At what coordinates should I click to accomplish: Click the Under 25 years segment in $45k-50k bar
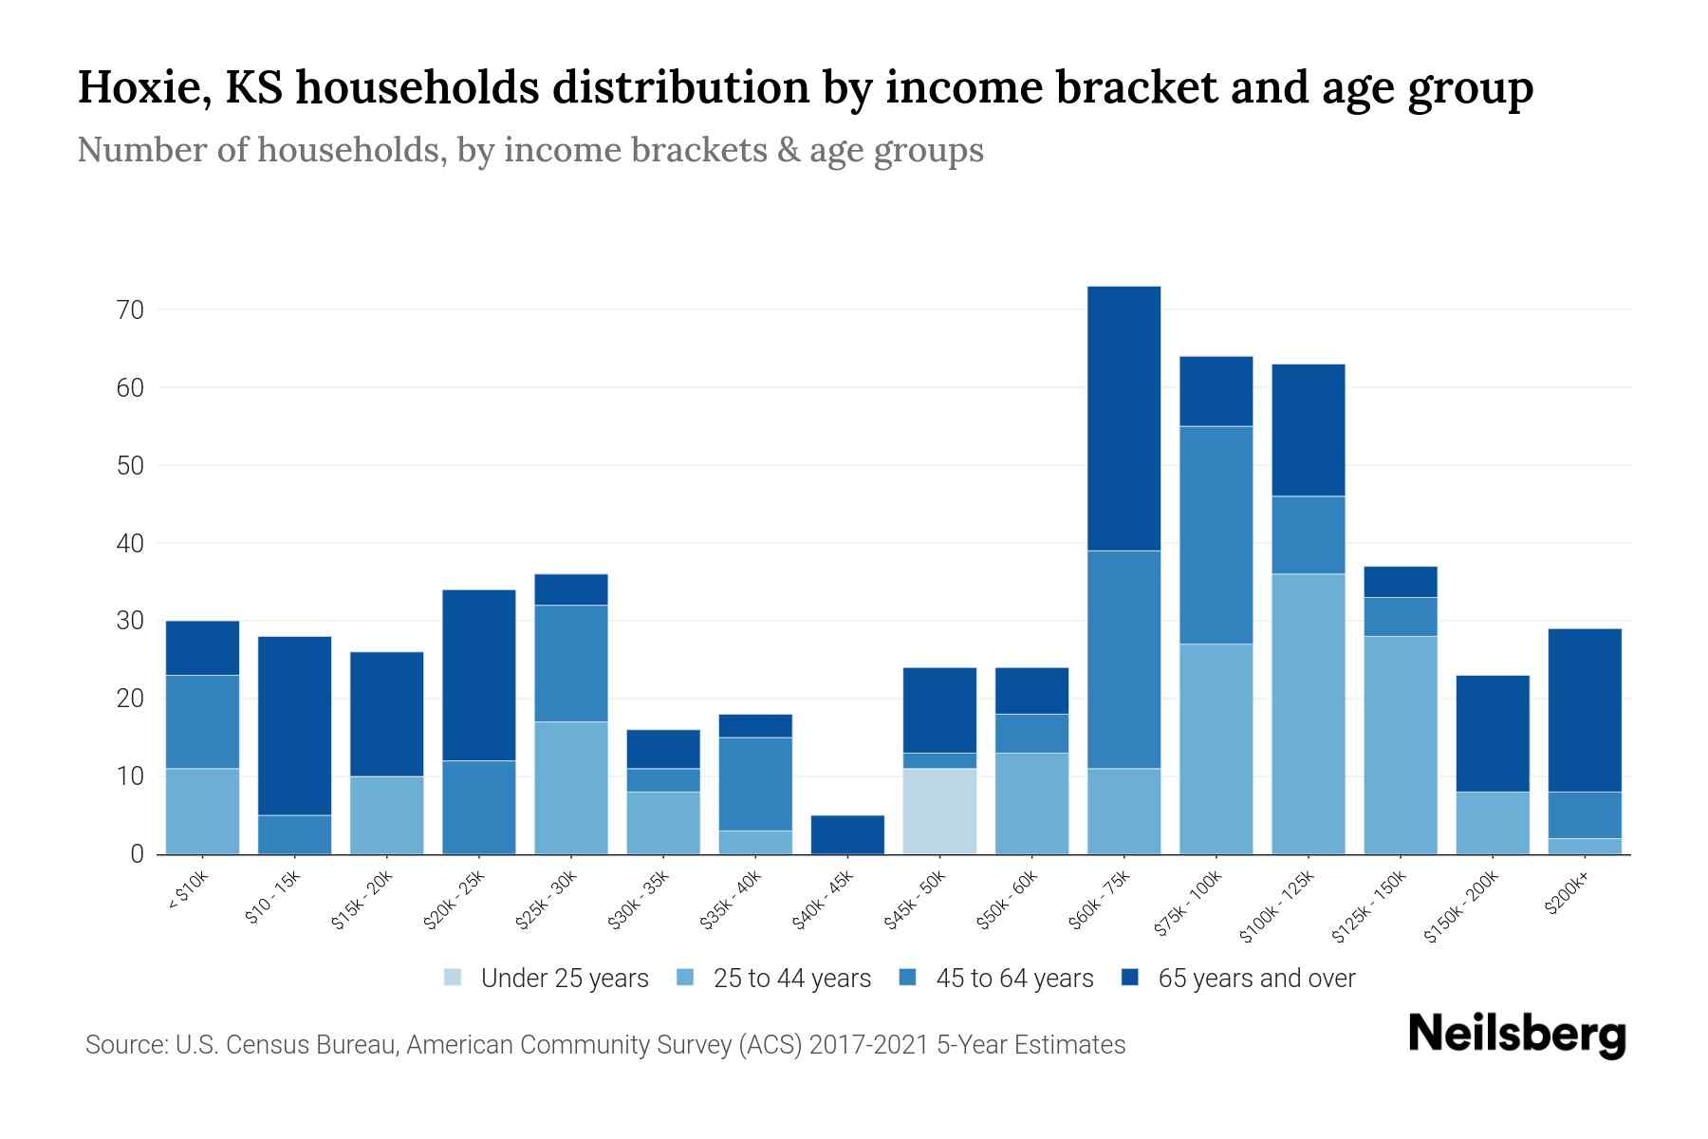pyautogui.click(x=939, y=812)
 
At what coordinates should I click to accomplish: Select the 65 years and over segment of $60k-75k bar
pyautogui.click(x=1123, y=419)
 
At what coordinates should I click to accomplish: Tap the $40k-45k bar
pyautogui.click(x=847, y=834)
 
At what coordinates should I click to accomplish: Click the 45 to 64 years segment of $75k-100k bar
pyautogui.click(x=1216, y=535)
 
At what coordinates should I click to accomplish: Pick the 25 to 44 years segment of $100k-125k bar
pyautogui.click(x=1308, y=714)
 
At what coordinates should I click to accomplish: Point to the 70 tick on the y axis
pyautogui.click(x=131, y=310)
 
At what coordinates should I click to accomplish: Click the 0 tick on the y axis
pyautogui.click(x=138, y=854)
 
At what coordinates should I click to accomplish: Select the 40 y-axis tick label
pyautogui.click(x=131, y=544)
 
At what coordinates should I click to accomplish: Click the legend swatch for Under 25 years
pyautogui.click(x=454, y=978)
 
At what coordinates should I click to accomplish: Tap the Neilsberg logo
pyautogui.click(x=1516, y=1035)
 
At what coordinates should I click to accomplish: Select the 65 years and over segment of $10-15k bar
pyautogui.click(x=295, y=725)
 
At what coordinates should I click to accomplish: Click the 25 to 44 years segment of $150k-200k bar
pyautogui.click(x=1493, y=823)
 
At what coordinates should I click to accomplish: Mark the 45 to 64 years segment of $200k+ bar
pyautogui.click(x=1585, y=815)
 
